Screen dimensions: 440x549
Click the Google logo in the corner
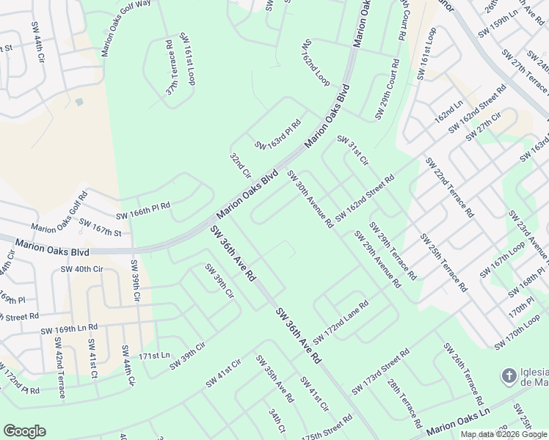[24, 431]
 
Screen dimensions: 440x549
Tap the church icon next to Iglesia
[508, 376]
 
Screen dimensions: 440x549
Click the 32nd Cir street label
[240, 167]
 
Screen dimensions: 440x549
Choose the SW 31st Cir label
[352, 150]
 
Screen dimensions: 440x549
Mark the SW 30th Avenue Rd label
[310, 199]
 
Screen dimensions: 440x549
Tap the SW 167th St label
[100, 227]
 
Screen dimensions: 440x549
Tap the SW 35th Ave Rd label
[274, 378]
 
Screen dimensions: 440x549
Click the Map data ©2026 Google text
[503, 434]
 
